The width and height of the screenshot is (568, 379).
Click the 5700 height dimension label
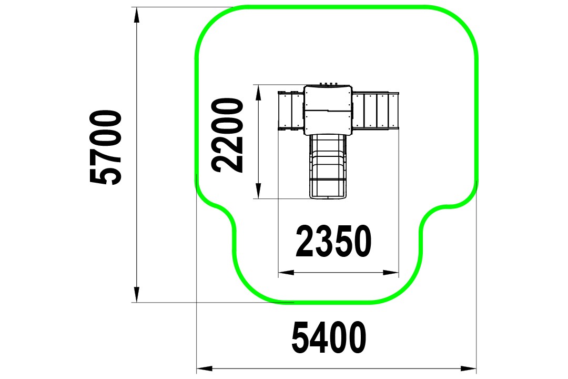click(106, 147)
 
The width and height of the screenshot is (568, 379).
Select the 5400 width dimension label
click(329, 337)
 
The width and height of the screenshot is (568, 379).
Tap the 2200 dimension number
click(228, 135)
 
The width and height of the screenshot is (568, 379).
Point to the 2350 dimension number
click(333, 241)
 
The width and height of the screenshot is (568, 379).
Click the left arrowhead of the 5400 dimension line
click(204, 369)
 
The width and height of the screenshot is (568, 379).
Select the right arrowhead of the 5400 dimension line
click(469, 369)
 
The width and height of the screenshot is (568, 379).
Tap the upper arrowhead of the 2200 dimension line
click(258, 93)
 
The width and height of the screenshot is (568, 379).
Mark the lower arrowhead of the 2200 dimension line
click(258, 191)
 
